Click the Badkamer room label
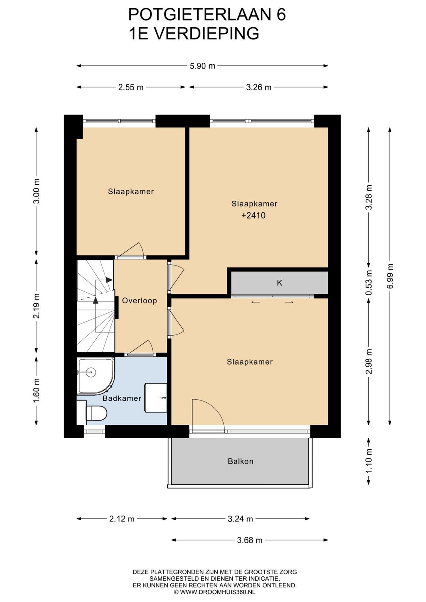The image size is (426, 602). coord(122,398)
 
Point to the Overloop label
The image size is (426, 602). coord(139,301)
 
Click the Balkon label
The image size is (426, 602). coord(241,461)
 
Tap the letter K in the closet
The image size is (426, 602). coord(280,283)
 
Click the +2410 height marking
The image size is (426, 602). coord(254,215)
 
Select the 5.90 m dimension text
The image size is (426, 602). coord(202,66)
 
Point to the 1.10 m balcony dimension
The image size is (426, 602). coord(369,461)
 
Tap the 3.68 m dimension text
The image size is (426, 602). coord(249,540)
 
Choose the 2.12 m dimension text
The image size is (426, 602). coord(122,518)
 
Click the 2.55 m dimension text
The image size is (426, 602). coord(131,87)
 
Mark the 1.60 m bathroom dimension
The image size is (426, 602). coord(36,391)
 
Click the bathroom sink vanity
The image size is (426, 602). coord(156,398)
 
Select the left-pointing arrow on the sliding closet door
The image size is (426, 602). coord(256,302)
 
